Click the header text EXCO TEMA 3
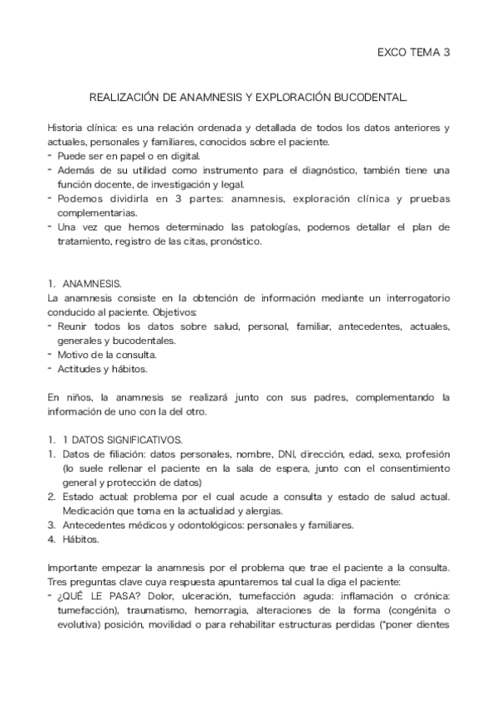coord(413,52)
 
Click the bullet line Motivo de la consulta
coord(108,354)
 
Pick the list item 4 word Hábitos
coord(80,539)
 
